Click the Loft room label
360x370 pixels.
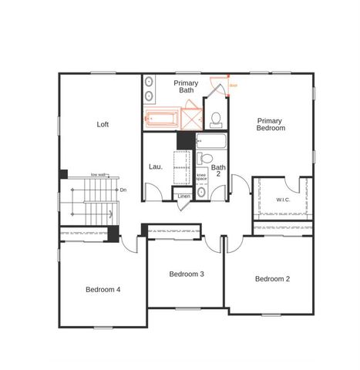point(103,124)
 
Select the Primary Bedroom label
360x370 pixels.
point(271,124)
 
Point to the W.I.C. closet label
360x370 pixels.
point(283,200)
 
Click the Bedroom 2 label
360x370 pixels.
point(272,278)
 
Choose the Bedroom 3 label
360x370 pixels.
point(187,274)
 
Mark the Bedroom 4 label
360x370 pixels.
point(103,289)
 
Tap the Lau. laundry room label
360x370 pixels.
point(155,166)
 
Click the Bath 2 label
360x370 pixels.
point(219,171)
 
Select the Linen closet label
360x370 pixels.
point(183,197)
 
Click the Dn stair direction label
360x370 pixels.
point(122,189)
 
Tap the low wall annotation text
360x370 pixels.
point(98,174)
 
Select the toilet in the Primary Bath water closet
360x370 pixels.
point(217,118)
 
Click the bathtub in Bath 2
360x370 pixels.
point(210,142)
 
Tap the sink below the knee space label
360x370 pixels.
point(201,192)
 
